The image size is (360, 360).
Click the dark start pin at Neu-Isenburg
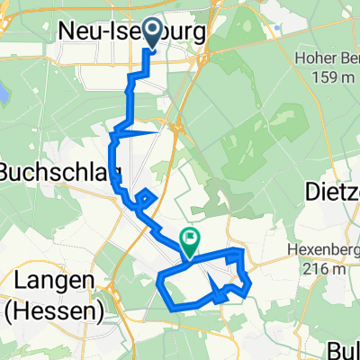coord(151,33)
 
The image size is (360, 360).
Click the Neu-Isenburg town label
coord(131,31)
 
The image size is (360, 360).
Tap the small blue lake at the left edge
coord(3,92)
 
